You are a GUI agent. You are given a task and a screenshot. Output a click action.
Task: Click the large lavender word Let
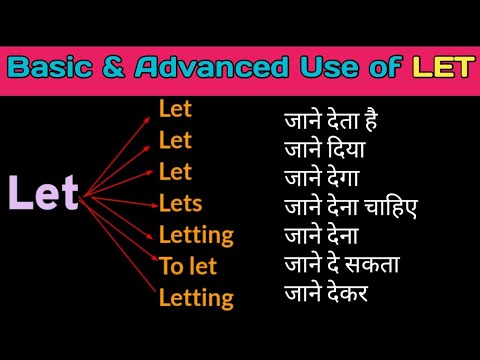tap(43, 193)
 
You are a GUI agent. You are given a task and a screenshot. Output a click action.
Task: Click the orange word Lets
tap(180, 204)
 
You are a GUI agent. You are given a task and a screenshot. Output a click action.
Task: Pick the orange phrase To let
tap(187, 266)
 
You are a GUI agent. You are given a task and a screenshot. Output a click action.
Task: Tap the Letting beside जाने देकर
tap(196, 297)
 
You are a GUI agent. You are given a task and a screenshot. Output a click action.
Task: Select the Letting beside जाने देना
tap(196, 236)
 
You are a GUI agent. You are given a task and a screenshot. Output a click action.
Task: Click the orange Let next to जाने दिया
tap(175, 140)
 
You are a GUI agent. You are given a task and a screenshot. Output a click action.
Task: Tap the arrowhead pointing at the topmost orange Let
tap(153, 112)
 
